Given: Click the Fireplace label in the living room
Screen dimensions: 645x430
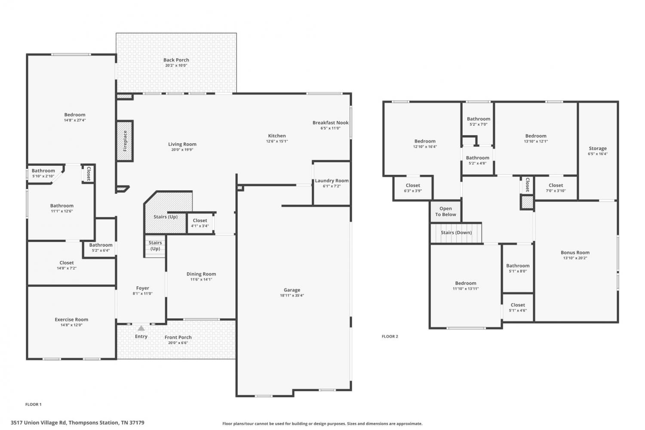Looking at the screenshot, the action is point(125,141).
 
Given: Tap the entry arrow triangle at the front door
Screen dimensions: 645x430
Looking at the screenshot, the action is point(141,328).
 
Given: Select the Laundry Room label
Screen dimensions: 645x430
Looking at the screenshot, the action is point(332,181).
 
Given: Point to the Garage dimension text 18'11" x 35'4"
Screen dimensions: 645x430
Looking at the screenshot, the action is point(292,295).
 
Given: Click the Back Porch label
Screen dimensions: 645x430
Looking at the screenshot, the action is point(176,60).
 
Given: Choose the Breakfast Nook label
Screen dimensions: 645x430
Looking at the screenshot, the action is point(331,123).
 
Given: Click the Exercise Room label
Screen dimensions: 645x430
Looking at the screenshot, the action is point(71,320).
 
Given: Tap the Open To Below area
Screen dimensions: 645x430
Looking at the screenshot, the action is point(445,211).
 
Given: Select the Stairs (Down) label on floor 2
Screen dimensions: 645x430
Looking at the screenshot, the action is point(456,232).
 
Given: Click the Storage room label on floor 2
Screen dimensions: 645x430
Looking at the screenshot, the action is point(598,148).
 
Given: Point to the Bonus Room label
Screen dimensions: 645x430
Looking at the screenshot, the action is point(575,253).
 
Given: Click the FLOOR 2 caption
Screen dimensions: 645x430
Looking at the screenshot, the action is point(390,336).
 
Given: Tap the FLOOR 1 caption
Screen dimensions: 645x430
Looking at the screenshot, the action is point(34,404).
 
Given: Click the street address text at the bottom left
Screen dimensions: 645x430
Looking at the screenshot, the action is point(77,423).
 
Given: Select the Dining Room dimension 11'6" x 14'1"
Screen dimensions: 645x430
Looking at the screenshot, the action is point(201,279).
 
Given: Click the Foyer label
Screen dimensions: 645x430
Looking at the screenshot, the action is point(142,288).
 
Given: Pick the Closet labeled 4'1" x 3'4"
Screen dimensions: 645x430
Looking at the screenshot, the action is point(200,223).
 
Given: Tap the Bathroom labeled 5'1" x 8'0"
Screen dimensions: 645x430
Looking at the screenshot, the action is point(518,268).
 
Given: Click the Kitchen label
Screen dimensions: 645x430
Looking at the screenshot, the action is point(277,136).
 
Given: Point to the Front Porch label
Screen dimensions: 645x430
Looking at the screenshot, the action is point(178,337).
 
